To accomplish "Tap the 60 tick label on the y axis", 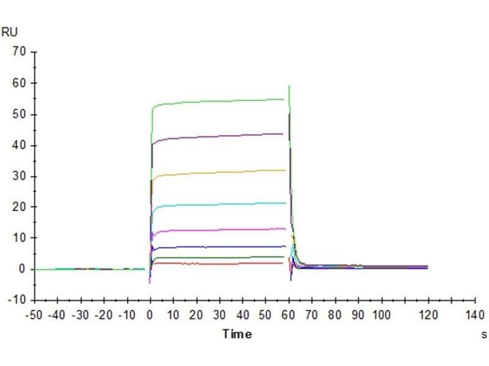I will tap(20, 83).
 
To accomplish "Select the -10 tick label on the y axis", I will tap(18, 300).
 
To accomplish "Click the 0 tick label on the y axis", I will tap(23, 269).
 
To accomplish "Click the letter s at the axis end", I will tap(483, 334).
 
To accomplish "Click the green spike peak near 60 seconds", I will tap(289, 86).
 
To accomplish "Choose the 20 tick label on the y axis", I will tap(20, 207).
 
